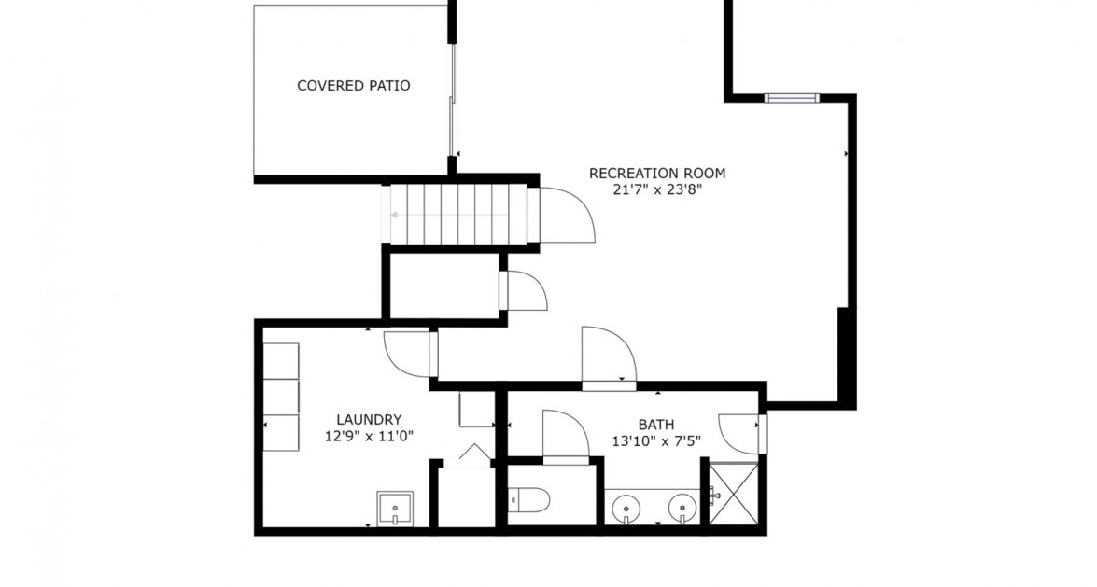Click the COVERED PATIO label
[x=353, y=86]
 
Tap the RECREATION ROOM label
[x=656, y=173]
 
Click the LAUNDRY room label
[x=369, y=420]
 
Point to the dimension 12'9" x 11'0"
[x=369, y=436]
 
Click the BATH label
[x=655, y=424]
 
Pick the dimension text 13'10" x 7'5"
[x=655, y=440]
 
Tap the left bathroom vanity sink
[x=623, y=510]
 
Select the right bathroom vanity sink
[x=682, y=510]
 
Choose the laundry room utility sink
[x=395, y=509]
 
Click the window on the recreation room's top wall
[x=791, y=97]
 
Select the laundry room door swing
[x=408, y=353]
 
